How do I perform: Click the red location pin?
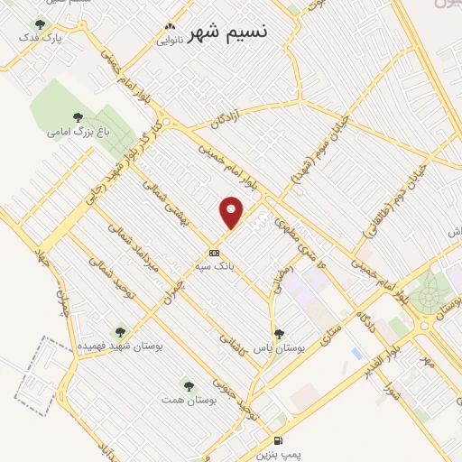point(232,212)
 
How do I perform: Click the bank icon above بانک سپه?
point(214,253)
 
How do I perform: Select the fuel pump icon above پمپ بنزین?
point(277,440)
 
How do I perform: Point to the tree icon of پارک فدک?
point(40,24)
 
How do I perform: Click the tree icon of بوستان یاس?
point(278,333)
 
